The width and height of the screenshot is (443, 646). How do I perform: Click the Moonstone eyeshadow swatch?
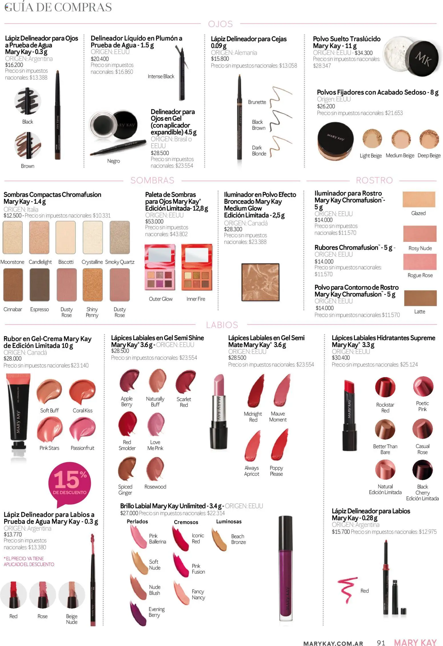[13, 238]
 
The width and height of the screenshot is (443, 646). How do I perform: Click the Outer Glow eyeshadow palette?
[160, 267]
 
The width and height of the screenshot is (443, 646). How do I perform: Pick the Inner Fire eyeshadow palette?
[197, 267]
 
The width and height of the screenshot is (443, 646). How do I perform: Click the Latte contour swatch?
[420, 298]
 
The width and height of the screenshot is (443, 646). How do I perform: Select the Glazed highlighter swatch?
[419, 199]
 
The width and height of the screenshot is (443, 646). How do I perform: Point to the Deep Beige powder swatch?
[429, 139]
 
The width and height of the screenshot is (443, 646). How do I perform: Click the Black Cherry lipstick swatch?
[422, 470]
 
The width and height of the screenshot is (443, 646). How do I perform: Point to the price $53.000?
[154, 221]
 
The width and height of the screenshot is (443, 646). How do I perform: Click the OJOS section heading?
[220, 24]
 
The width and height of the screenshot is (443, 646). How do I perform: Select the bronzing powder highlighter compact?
[260, 282]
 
